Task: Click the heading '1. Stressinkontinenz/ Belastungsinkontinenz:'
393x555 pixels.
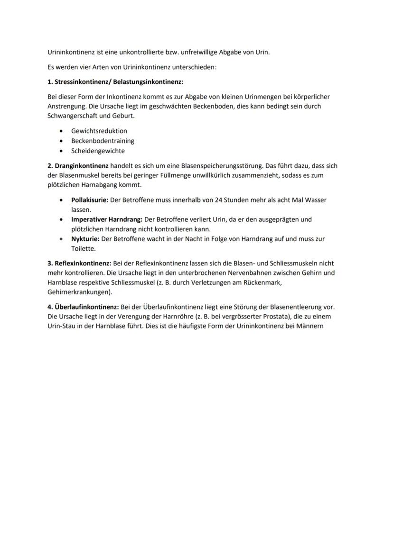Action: [115, 82]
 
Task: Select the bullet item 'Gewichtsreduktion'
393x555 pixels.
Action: [99, 131]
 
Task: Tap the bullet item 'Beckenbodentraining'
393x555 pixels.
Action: [103, 141]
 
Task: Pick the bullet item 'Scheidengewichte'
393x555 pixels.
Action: [98, 151]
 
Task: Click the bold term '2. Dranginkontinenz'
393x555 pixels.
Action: [78, 166]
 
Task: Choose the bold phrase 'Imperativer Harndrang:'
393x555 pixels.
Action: [106, 219]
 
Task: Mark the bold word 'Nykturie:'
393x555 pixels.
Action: [85, 239]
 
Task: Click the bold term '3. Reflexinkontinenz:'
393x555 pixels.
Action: [79, 263]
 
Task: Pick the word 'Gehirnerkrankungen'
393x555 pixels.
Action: [78, 292]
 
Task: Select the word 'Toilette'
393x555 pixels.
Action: [83, 248]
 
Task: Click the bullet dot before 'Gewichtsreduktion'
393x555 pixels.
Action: [61, 131]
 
